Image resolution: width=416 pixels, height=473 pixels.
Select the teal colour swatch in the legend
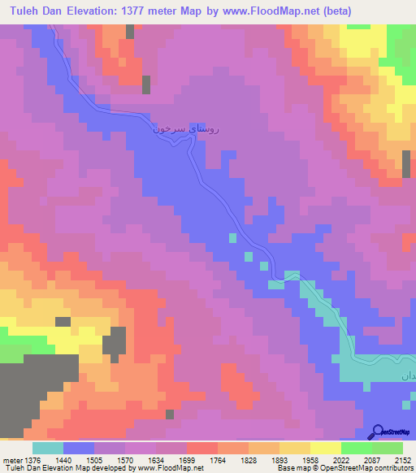point(47,448)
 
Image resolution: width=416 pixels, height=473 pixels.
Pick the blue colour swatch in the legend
point(79,448)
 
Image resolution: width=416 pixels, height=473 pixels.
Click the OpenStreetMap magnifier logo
point(379,431)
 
